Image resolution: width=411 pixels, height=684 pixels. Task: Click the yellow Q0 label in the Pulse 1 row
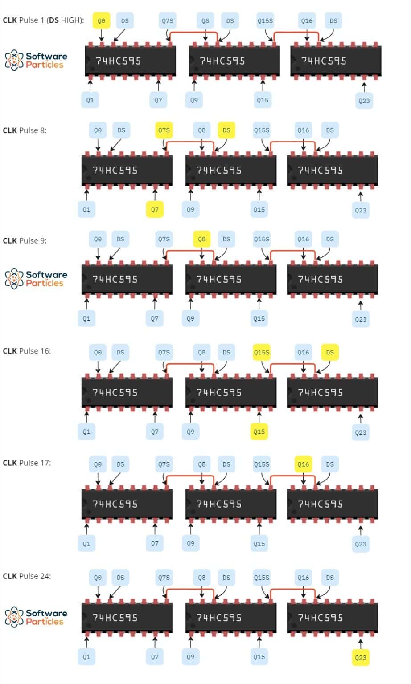pyautogui.click(x=102, y=21)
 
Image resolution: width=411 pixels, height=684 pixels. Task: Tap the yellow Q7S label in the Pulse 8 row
pyautogui.click(x=164, y=130)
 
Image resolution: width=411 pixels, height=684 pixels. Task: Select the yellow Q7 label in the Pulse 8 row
pyautogui.click(x=155, y=209)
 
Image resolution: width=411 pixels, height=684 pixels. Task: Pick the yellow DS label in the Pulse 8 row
pyautogui.click(x=226, y=130)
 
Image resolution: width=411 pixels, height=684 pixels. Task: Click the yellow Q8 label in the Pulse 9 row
pyautogui.click(x=202, y=239)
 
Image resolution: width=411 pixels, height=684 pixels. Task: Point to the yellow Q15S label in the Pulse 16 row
pyautogui.click(x=262, y=352)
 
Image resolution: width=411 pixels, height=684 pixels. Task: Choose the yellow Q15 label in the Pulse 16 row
pyautogui.click(x=259, y=432)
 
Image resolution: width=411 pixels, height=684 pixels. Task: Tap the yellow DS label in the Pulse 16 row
pyautogui.click(x=330, y=352)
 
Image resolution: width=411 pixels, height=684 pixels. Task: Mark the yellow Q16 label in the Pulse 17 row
pyautogui.click(x=304, y=464)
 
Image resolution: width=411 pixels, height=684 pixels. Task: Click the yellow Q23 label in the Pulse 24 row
pyautogui.click(x=361, y=657)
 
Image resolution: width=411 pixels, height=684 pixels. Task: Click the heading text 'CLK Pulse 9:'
pyautogui.click(x=25, y=240)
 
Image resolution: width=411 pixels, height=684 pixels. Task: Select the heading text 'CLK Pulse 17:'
pyautogui.click(x=27, y=463)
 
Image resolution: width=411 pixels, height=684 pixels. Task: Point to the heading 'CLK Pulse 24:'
pyautogui.click(x=27, y=576)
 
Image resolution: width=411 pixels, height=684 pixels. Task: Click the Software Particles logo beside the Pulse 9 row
pyautogui.click(x=36, y=279)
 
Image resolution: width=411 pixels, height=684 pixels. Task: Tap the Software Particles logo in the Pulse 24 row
pyautogui.click(x=36, y=617)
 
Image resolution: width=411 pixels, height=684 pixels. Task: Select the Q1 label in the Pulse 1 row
pyautogui.click(x=90, y=100)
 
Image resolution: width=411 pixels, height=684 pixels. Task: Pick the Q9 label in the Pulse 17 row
pyautogui.click(x=190, y=543)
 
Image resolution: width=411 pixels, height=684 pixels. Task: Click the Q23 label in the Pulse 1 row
pyautogui.click(x=364, y=101)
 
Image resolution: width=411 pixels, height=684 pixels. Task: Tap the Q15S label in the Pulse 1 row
pyautogui.click(x=265, y=21)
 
